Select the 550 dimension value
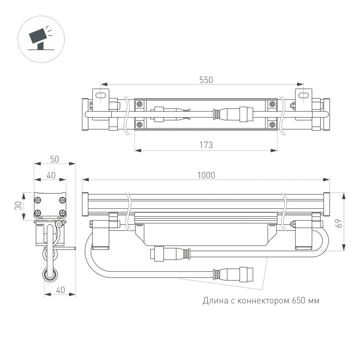[x=206, y=80]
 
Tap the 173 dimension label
[x=206, y=145]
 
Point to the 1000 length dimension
[x=206, y=175]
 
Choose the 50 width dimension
[x=55, y=159]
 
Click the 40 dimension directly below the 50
[x=51, y=175]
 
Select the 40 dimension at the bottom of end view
[x=60, y=290]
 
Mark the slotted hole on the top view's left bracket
[x=102, y=95]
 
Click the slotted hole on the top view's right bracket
[x=304, y=95]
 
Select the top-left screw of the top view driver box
[x=139, y=104]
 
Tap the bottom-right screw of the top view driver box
[x=273, y=125]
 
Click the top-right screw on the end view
[x=63, y=200]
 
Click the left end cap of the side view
[x=85, y=203]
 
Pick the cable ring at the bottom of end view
[x=50, y=275]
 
